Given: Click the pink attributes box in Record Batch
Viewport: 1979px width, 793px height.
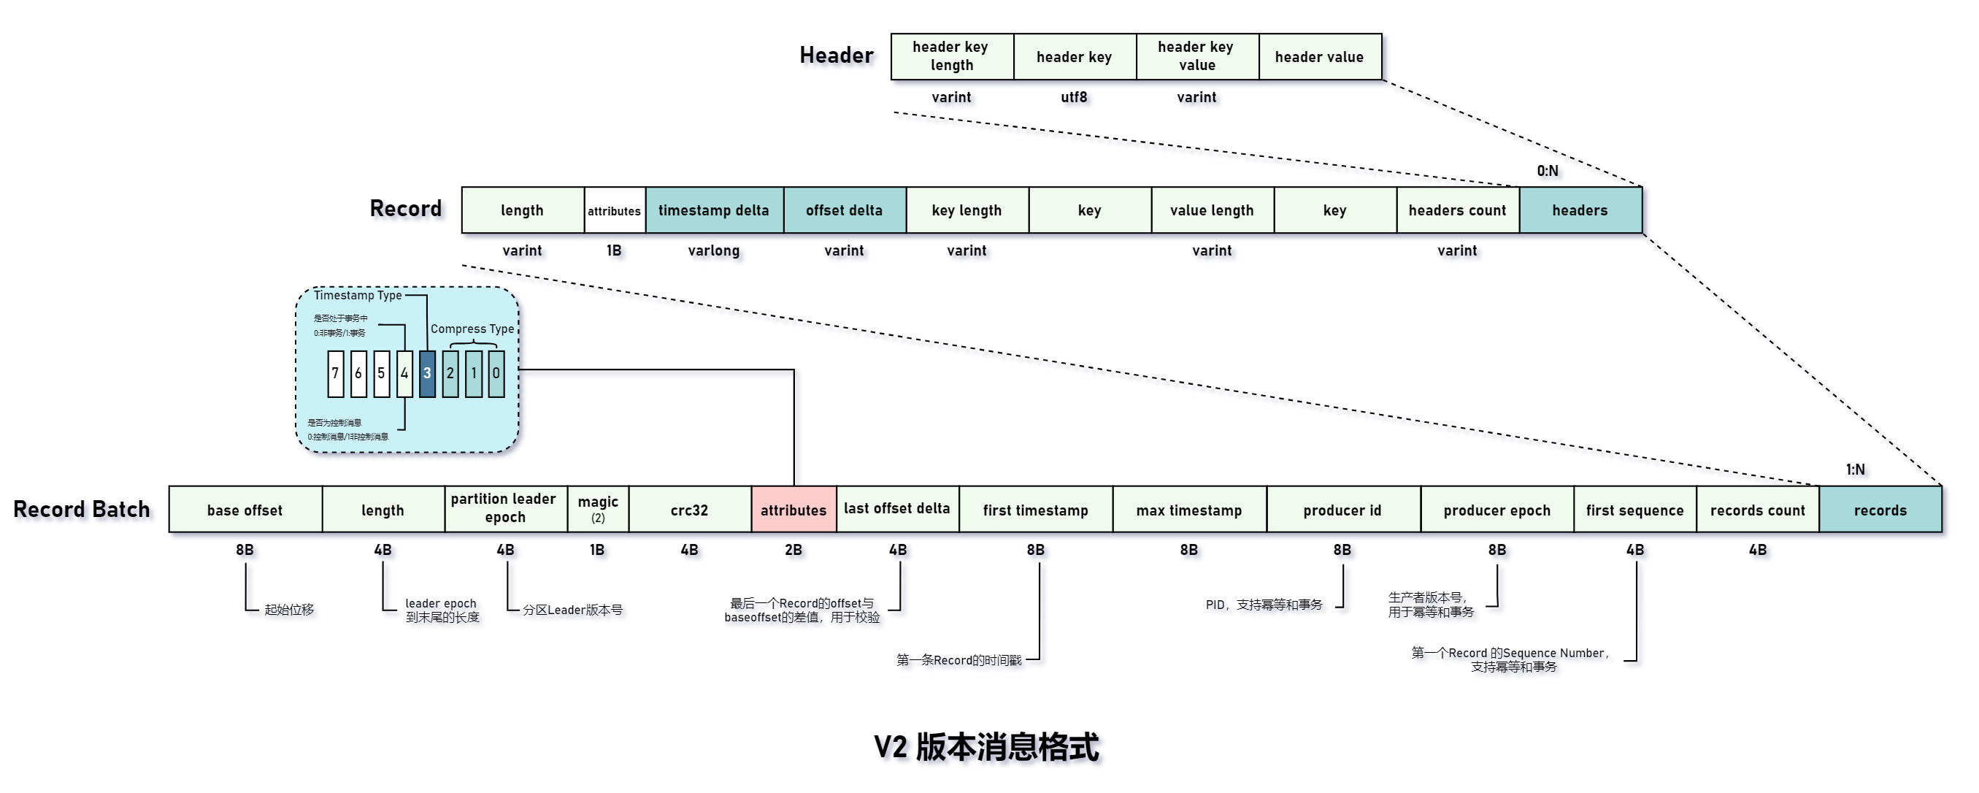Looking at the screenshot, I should pos(793,510).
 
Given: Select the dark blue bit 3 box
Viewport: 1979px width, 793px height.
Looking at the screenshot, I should pos(427,373).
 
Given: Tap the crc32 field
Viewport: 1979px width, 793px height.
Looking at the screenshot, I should pos(689,510).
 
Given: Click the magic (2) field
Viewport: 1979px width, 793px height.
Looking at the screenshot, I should pos(598,509).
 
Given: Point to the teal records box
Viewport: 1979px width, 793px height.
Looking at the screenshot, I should pos(1880,510).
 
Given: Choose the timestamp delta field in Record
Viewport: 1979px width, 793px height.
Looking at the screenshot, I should pos(714,210).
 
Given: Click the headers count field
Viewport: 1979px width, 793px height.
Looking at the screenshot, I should pos(1457,210).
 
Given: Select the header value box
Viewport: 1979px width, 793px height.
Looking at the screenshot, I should pos(1319,57).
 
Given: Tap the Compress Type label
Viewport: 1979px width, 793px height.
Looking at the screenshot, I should pos(472,329).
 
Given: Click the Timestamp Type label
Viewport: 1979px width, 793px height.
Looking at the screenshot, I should pos(357,295).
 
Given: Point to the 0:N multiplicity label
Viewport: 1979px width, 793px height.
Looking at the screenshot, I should pos(1548,171).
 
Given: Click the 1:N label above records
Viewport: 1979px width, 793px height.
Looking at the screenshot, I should pos(1856,470).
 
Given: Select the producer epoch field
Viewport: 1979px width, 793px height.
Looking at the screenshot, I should pos(1496,510).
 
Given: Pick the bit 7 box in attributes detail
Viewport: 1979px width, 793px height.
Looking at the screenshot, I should pos(335,373).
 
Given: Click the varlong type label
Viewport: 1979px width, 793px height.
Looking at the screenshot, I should pos(714,250).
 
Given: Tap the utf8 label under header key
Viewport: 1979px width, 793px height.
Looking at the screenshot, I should pos(1074,98).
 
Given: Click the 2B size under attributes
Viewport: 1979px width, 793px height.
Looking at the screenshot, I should pos(793,550).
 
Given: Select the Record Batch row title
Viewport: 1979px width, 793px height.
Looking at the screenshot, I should pos(82,510).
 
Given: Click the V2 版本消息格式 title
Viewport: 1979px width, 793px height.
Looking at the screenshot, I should pos(986,747).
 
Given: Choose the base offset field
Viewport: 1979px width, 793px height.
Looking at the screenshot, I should pos(245,510).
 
